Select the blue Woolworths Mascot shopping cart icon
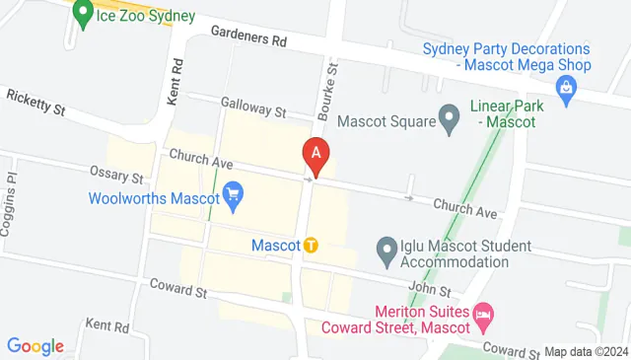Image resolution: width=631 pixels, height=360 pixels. coord(234,195)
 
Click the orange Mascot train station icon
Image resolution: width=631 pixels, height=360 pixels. coord(311,245)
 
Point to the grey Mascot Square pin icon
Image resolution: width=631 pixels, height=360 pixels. coord(450,121)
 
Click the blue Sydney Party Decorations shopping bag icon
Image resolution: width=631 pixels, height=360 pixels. coord(567,93)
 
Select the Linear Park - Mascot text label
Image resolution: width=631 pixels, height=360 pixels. coord(502,114)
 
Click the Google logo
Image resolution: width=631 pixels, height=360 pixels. coord(35,345)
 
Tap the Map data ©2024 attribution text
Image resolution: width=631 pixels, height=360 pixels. coord(586,351)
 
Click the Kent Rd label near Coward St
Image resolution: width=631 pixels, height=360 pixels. coord(106,324)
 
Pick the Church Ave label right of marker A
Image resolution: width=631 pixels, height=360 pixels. coord(462,207)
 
